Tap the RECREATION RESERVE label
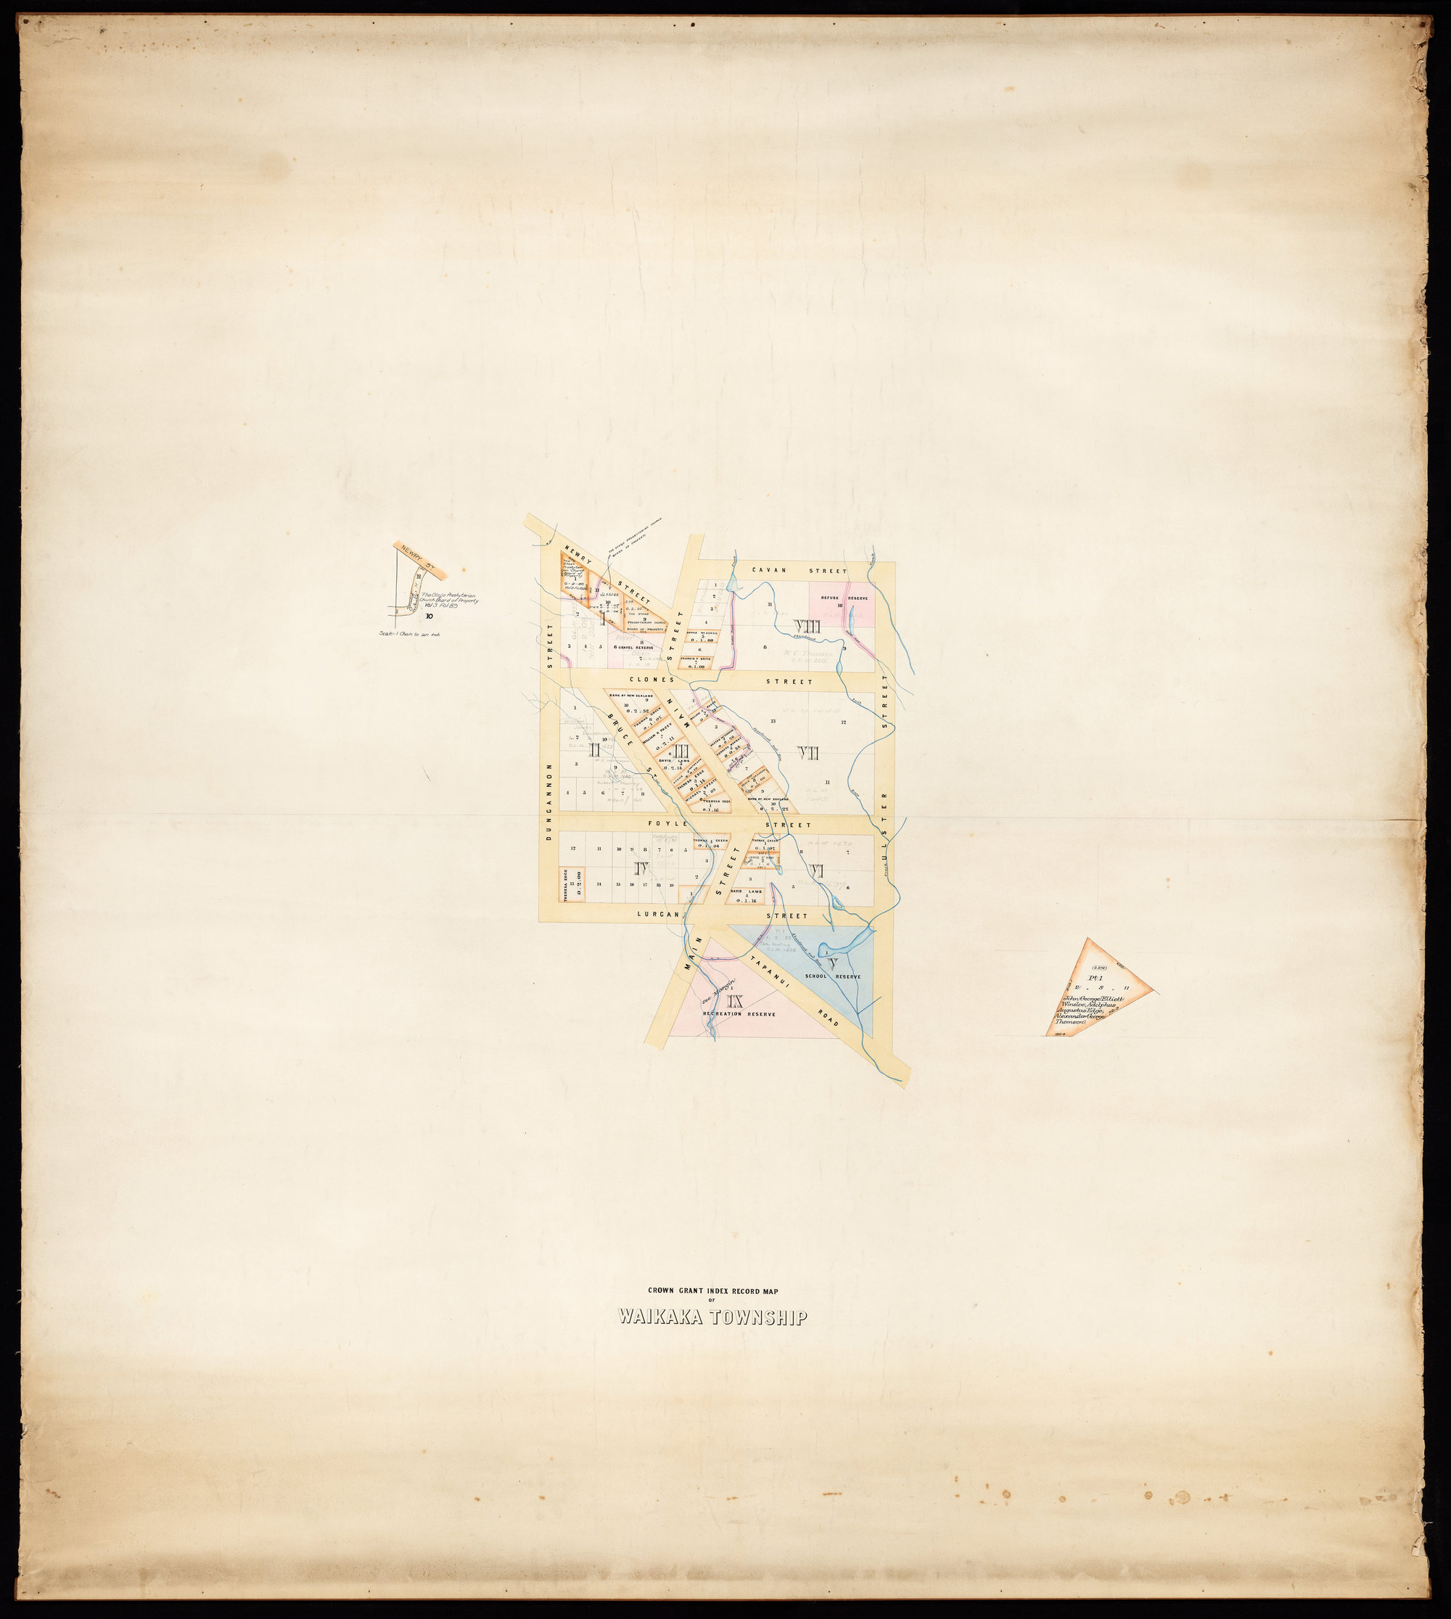tap(733, 1015)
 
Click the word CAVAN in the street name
tap(767, 571)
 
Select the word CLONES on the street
tap(652, 680)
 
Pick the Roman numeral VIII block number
tap(807, 627)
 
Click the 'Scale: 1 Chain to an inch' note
tap(410, 635)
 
